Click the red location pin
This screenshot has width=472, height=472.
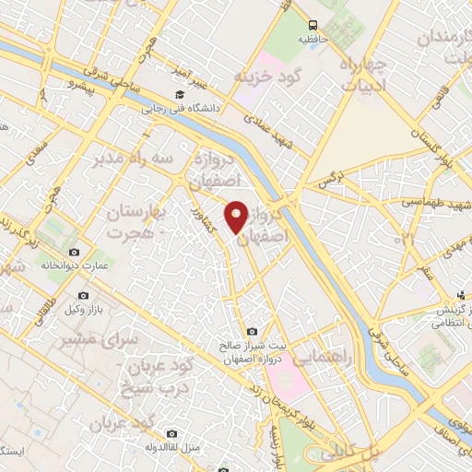237,216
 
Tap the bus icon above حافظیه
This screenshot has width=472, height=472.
314,25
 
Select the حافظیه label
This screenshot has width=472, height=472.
314,40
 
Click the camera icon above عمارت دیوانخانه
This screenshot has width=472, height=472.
74,252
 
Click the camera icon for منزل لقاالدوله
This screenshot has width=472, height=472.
172,432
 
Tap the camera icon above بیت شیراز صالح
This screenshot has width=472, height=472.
252,331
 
